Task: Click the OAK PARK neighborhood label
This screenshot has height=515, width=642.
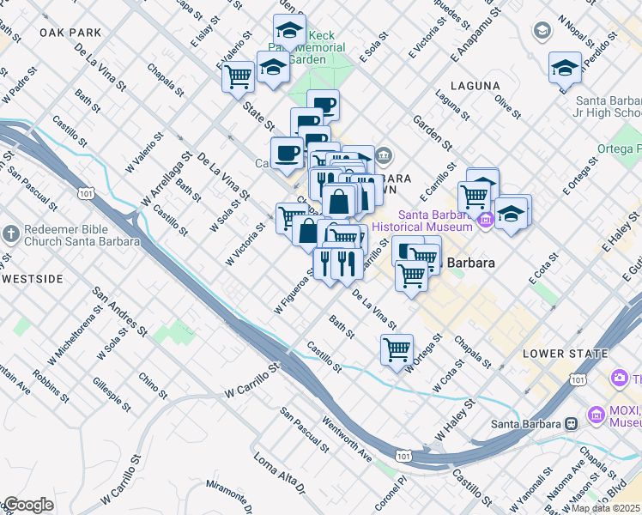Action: click(70, 33)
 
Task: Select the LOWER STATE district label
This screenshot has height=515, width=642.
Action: click(555, 354)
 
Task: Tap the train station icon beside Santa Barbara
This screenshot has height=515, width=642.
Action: click(570, 423)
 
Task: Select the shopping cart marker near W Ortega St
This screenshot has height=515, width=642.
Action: click(397, 348)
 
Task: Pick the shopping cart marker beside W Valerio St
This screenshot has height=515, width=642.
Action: click(238, 76)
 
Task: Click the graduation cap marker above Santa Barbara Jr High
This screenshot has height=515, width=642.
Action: click(565, 67)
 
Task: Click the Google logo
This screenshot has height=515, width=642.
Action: click(27, 505)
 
